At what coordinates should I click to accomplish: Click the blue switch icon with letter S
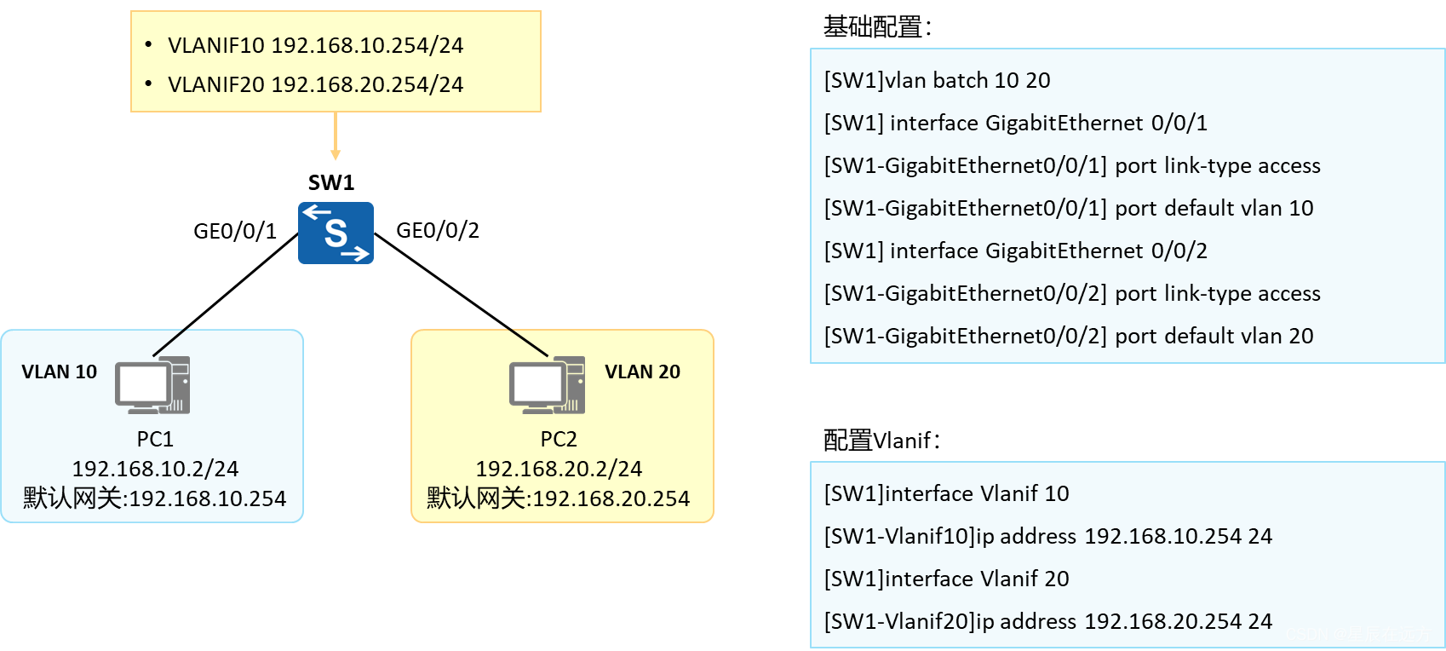(336, 233)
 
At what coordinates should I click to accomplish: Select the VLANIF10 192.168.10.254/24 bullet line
(315, 45)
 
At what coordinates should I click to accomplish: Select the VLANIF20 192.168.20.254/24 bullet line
(315, 84)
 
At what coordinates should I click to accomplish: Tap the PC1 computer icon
(152, 385)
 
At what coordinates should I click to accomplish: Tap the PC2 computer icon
(547, 385)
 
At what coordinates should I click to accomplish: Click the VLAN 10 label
(59, 372)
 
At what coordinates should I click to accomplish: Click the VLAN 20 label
(642, 372)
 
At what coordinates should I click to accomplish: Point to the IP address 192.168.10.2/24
(155, 469)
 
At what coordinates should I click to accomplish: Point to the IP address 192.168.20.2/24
(559, 469)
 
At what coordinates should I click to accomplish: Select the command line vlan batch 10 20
(937, 80)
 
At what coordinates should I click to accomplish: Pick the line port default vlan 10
(1069, 208)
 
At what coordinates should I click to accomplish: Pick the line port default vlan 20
(1069, 336)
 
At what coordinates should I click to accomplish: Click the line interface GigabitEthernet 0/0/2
(1015, 251)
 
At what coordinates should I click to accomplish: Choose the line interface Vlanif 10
(946, 493)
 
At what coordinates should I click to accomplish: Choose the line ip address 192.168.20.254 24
(1047, 621)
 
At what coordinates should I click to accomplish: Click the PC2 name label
(559, 439)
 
